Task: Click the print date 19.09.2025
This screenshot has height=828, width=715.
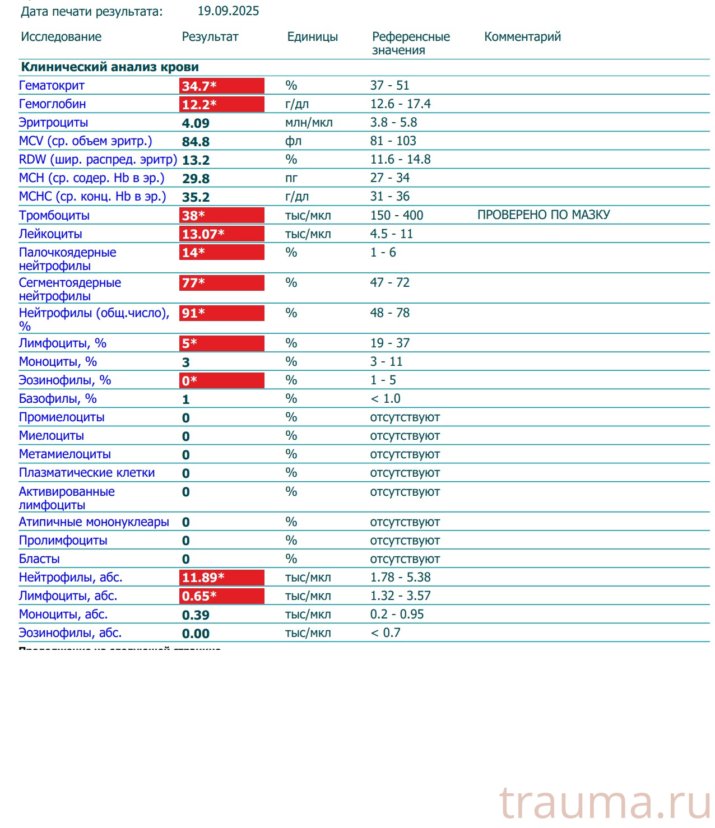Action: tap(228, 11)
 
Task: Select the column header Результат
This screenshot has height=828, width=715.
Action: tap(210, 37)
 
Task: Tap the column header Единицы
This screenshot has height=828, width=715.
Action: tap(312, 37)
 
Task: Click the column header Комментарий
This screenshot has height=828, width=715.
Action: tap(522, 37)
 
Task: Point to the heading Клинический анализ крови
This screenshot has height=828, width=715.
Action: tap(110, 67)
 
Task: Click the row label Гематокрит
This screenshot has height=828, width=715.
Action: tap(52, 86)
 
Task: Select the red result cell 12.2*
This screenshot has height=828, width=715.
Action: tap(221, 104)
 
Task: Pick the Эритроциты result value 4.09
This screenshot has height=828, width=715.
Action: tap(196, 123)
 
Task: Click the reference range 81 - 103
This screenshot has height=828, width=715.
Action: tap(393, 141)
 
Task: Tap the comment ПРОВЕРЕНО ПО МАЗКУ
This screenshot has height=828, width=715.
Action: tap(544, 215)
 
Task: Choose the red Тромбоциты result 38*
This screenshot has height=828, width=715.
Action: tap(221, 216)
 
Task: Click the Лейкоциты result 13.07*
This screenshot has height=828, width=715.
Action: tap(221, 234)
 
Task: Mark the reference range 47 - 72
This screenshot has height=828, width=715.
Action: tap(389, 282)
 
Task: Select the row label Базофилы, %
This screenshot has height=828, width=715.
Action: tap(58, 399)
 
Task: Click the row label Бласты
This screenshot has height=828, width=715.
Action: tap(39, 559)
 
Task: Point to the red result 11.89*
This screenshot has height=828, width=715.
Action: tap(221, 578)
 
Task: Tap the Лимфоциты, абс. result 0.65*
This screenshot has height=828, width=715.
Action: tap(221, 596)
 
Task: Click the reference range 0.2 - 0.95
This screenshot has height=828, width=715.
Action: tap(397, 615)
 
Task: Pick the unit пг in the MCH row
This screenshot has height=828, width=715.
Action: tap(291, 178)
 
